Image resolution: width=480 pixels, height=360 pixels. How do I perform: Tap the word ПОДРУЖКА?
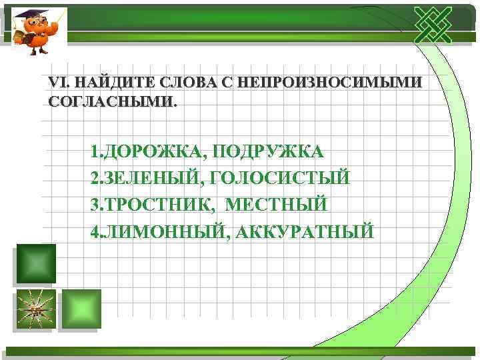pyautogui.click(x=267, y=151)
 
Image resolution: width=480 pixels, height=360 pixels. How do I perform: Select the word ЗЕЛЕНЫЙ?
pyautogui.click(x=147, y=178)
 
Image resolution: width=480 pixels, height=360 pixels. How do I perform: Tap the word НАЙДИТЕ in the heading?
pyautogui.click(x=109, y=83)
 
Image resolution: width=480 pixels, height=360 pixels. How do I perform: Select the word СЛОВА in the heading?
pyautogui.click(x=183, y=83)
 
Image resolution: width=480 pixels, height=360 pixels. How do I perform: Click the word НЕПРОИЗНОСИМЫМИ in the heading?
pyautogui.click(x=329, y=83)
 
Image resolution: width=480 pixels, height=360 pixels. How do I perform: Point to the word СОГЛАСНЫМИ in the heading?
pyautogui.click(x=112, y=103)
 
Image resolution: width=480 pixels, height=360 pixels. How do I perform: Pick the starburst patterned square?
pyautogui.click(x=35, y=309)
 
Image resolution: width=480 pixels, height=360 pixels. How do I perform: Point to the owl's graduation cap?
pyautogui.click(x=29, y=13)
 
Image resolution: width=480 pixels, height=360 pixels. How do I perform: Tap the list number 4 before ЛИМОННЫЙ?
pyautogui.click(x=95, y=231)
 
